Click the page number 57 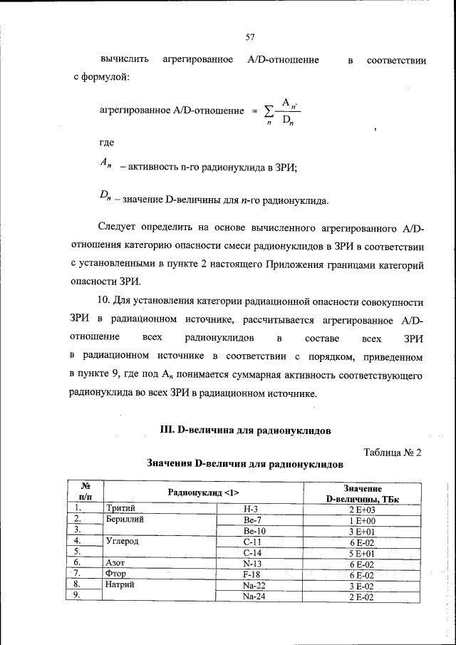click(x=250, y=37)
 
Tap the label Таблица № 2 click(x=393, y=453)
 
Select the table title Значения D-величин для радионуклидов click(x=245, y=464)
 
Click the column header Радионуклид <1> click(x=203, y=492)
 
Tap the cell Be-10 click(x=254, y=531)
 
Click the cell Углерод click(x=123, y=541)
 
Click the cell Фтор click(x=117, y=574)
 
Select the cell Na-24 click(x=254, y=597)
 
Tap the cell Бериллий click(x=125, y=520)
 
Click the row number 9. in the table click(x=80, y=596)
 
